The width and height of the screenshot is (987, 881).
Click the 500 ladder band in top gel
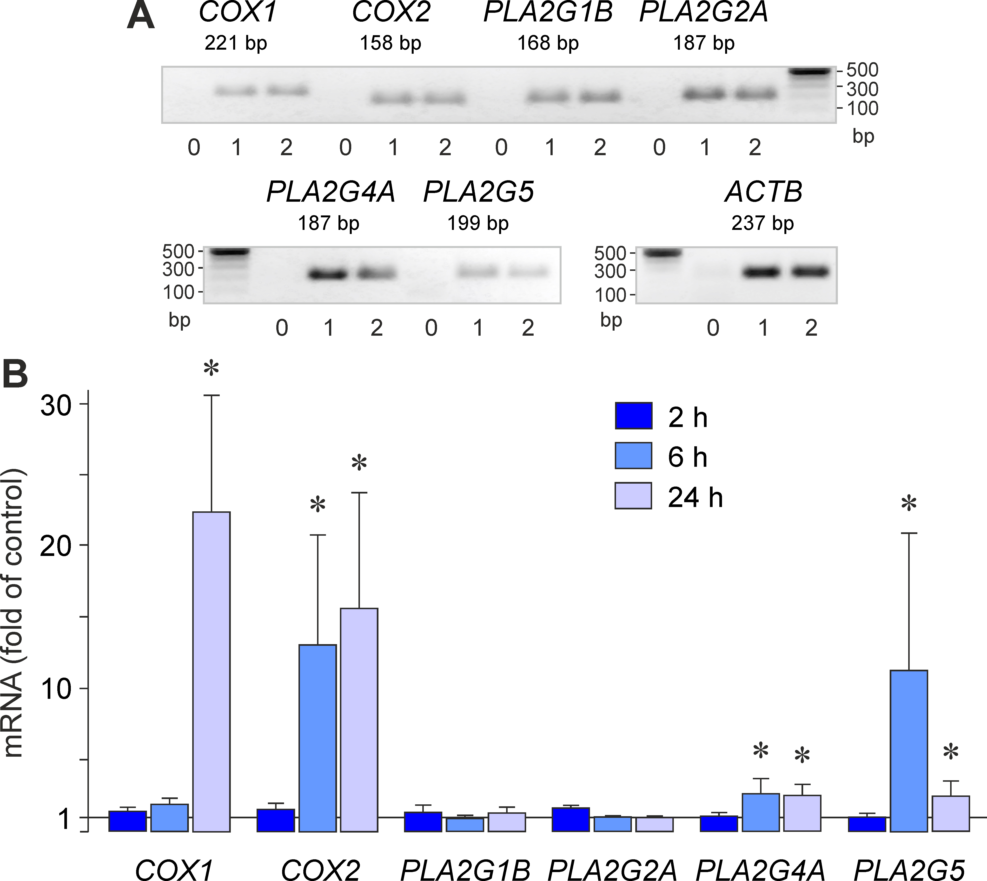pos(809,72)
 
